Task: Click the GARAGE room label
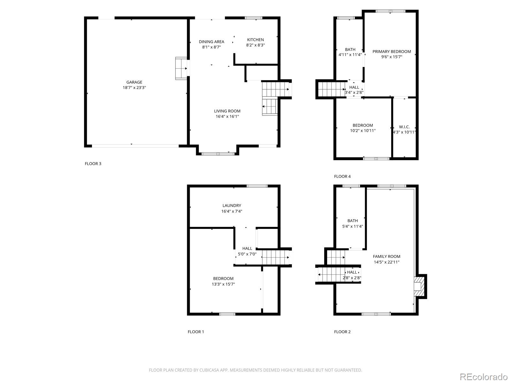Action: [134, 82]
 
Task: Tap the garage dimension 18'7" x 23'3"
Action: [134, 88]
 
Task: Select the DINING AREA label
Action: [211, 41]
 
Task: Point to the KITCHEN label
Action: [256, 40]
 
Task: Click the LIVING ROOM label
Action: [227, 111]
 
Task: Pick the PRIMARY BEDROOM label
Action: [392, 52]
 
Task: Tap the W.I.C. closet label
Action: [404, 127]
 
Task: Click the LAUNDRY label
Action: [232, 206]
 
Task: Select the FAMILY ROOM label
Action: [386, 257]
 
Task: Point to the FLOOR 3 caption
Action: [93, 164]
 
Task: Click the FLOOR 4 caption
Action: [342, 176]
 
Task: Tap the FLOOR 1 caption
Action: [196, 332]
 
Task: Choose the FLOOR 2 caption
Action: [342, 332]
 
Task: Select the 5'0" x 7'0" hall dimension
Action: [247, 254]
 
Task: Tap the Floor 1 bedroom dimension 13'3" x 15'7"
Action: [223, 284]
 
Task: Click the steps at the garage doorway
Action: [181, 68]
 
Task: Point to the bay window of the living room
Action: [218, 154]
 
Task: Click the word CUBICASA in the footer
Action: [209, 370]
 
